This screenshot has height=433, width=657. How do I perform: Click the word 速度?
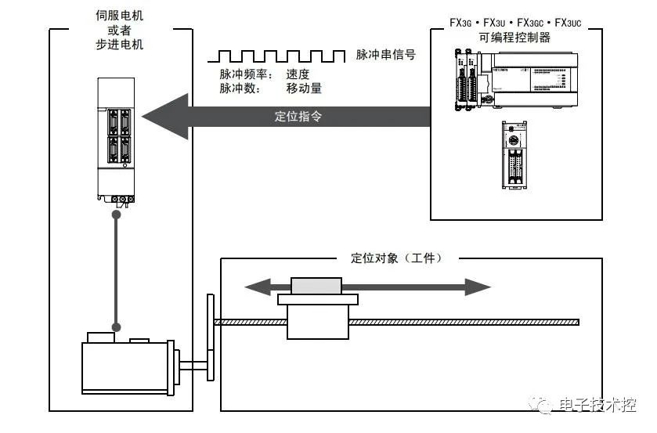coord(298,74)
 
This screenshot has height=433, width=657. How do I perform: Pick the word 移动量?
coord(304,88)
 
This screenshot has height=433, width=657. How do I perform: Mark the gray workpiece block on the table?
coord(316,286)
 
